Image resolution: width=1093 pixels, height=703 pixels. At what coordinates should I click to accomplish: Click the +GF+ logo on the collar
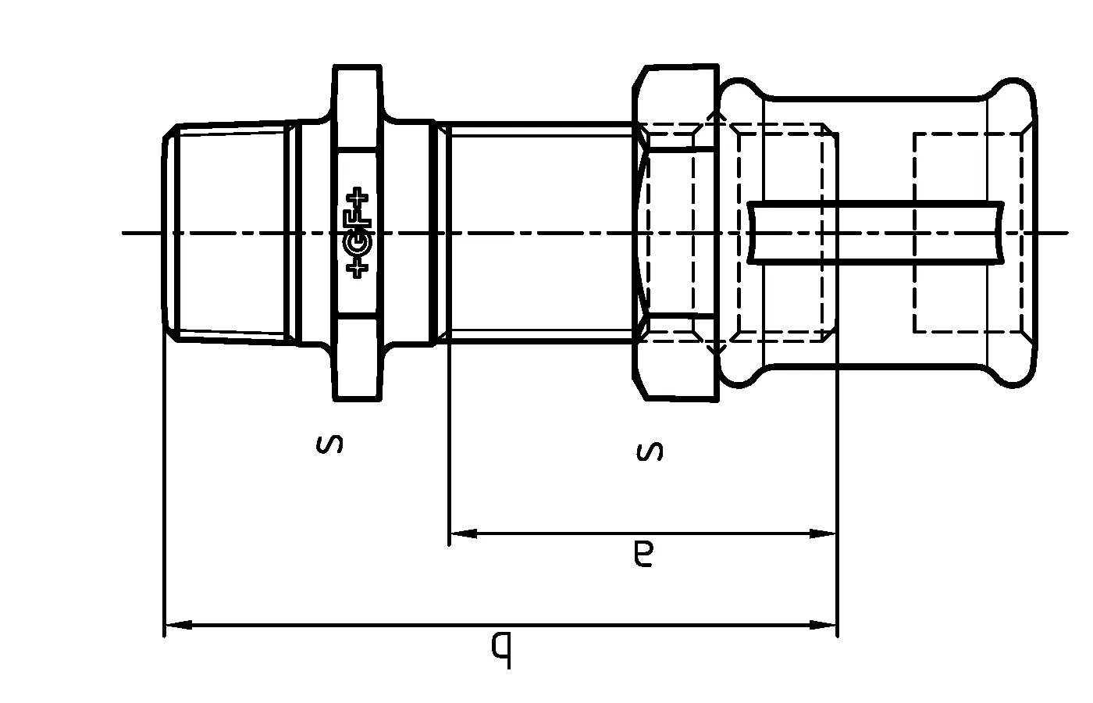[358, 232]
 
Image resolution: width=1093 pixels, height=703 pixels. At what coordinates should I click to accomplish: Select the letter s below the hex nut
[650, 451]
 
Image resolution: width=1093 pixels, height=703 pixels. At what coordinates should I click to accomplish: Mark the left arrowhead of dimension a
[463, 534]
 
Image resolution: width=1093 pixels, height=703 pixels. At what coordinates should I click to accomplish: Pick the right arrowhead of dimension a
[823, 534]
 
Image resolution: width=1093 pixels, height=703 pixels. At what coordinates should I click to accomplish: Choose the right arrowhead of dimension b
[823, 625]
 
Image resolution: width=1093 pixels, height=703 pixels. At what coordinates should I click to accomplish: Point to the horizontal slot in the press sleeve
[874, 232]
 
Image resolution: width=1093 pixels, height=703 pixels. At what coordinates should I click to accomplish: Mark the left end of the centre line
[125, 232]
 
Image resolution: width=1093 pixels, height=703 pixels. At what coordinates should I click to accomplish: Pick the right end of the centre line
[1065, 232]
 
